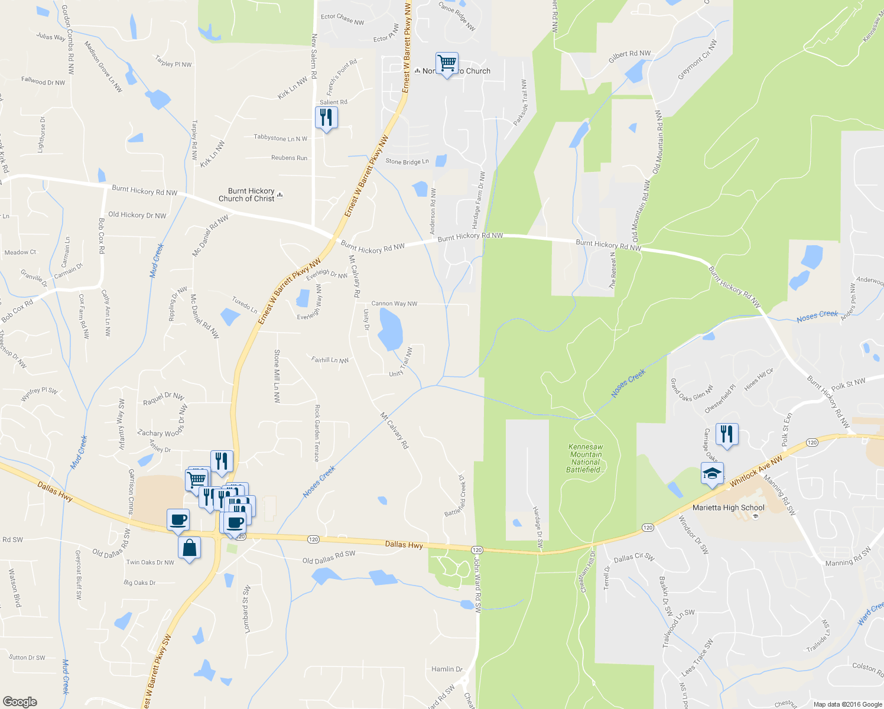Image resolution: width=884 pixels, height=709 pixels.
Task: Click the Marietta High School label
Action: click(x=728, y=508)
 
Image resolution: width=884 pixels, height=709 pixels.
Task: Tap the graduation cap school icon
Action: click(x=712, y=474)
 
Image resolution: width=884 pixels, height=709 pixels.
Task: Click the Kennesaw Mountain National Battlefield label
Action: click(x=586, y=458)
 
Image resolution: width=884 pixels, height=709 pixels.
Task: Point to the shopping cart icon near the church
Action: click(x=447, y=63)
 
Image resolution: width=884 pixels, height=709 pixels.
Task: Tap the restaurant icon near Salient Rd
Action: click(x=326, y=118)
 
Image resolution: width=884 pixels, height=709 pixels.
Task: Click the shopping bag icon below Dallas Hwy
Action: click(x=189, y=548)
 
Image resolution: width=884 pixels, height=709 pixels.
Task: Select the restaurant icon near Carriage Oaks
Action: click(x=726, y=435)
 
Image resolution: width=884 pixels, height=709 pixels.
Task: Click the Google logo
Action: click(x=19, y=701)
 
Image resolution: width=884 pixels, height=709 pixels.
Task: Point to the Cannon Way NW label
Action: click(x=394, y=304)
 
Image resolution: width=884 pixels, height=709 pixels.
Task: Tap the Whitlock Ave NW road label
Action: click(x=756, y=471)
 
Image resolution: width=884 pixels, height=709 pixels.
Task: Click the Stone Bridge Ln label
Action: click(x=407, y=161)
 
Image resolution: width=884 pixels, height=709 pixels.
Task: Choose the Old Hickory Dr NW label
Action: click(x=137, y=215)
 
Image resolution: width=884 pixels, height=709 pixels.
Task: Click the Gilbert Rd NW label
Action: click(x=629, y=57)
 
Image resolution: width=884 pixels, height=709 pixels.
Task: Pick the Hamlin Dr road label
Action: click(x=447, y=669)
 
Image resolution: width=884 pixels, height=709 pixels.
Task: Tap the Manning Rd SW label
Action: click(x=847, y=557)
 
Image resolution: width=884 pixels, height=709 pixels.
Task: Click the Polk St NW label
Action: click(x=847, y=385)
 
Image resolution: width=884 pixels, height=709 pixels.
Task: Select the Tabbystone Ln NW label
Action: click(x=281, y=138)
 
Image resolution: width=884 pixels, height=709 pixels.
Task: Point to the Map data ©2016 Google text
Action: click(x=847, y=704)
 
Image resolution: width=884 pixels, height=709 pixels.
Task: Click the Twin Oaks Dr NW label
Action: click(x=150, y=562)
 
